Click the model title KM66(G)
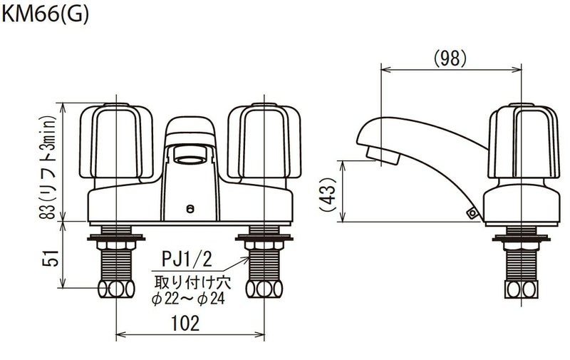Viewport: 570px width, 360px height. point(45,14)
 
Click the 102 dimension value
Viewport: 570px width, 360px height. point(185,323)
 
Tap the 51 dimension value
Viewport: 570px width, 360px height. point(51,258)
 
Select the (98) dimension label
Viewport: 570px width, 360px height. point(450,58)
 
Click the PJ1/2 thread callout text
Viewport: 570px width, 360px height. point(187,260)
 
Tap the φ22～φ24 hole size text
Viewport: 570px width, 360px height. point(188,299)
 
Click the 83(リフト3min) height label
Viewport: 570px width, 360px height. point(48,168)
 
